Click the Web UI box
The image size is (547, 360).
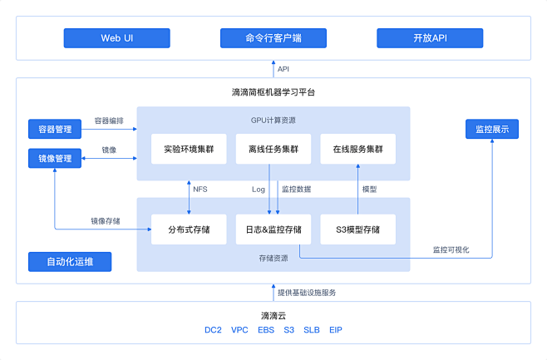click(117, 38)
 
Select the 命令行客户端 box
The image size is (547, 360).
click(273, 38)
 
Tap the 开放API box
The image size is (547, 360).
click(429, 38)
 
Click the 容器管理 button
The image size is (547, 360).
click(55, 129)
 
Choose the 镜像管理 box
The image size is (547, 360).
click(55, 158)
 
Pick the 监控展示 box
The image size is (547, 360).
click(491, 129)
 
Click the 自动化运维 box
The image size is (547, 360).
click(70, 262)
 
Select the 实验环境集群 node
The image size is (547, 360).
click(189, 149)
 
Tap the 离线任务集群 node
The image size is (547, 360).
click(273, 149)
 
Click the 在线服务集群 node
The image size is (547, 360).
click(357, 149)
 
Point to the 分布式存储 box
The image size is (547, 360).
click(189, 229)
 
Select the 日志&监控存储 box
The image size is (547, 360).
click(273, 229)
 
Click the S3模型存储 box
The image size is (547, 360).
click(357, 229)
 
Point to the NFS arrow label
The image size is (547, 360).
click(200, 190)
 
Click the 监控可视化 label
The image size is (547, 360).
click(451, 249)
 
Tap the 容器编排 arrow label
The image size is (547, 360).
click(108, 121)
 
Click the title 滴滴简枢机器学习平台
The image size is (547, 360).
click(273, 92)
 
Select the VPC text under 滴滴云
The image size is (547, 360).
click(239, 330)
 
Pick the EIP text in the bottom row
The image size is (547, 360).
click(335, 330)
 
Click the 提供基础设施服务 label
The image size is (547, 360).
click(307, 293)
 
